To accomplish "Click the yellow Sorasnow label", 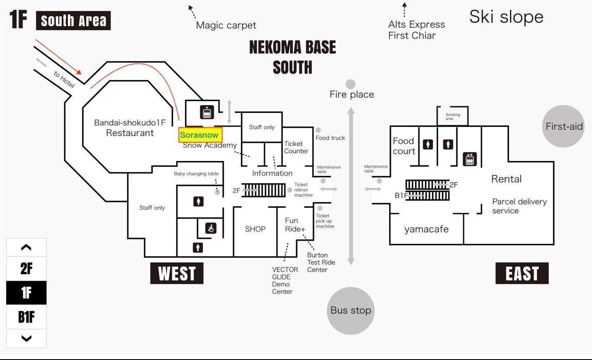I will [200, 135].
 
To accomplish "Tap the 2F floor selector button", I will [26, 269].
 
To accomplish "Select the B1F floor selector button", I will [26, 317].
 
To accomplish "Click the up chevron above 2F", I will [26, 248].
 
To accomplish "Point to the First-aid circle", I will [564, 126].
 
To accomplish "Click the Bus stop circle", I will [351, 311].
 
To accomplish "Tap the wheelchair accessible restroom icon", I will [211, 228].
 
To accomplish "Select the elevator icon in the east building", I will [470, 159].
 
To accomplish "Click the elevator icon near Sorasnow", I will [207, 112].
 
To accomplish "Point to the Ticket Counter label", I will [296, 147].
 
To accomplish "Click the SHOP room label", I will [255, 229].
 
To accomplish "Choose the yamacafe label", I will [426, 229].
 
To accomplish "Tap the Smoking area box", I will [453, 116].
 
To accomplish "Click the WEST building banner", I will [177, 274].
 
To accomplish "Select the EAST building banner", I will [522, 274].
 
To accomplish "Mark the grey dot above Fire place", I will [350, 84].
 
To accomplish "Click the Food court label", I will [404, 146].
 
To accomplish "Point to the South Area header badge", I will [73, 21].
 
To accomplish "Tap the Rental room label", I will [506, 179].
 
